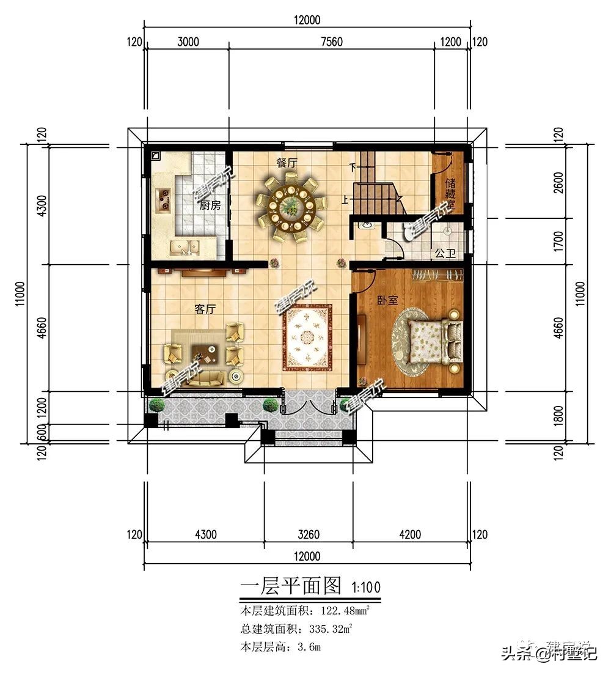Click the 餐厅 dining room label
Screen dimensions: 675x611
pyautogui.click(x=287, y=163)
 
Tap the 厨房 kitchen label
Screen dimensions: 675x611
pyautogui.click(x=210, y=205)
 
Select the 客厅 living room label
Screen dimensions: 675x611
pyautogui.click(x=205, y=309)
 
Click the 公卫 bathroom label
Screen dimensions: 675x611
pyautogui.click(x=445, y=253)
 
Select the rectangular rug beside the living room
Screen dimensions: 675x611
pyautogui.click(x=307, y=337)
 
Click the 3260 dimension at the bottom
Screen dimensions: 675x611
pyautogui.click(x=309, y=534)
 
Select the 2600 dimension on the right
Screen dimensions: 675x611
pyautogui.click(x=557, y=182)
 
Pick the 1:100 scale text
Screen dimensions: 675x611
pyautogui.click(x=366, y=587)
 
